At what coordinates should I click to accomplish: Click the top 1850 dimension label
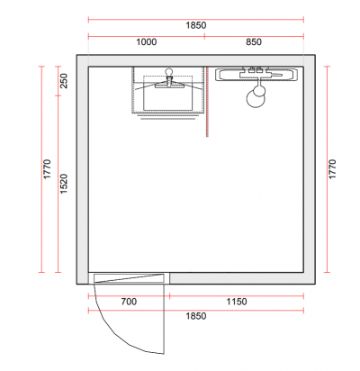[196, 25]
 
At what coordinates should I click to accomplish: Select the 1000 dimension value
[147, 41]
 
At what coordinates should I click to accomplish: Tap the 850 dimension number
[254, 41]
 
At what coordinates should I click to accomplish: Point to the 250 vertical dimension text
[64, 81]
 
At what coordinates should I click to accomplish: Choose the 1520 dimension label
[64, 184]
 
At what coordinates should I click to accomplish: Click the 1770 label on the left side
[47, 169]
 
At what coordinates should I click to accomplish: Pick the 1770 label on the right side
[332, 169]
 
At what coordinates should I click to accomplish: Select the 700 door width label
[129, 302]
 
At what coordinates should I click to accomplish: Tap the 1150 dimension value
[237, 302]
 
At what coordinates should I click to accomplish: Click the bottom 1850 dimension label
[196, 316]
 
